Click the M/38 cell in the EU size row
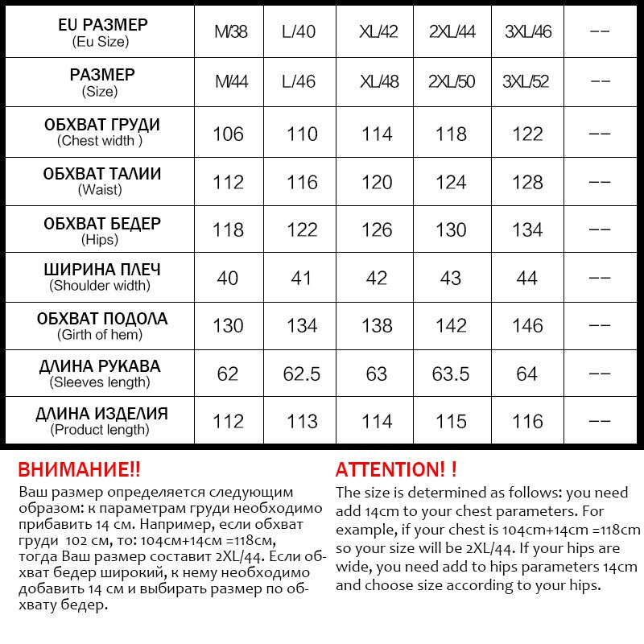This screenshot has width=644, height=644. (230, 32)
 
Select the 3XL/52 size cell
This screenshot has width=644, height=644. (526, 81)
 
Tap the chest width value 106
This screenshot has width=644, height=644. (228, 134)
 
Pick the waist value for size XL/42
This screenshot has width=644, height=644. (377, 183)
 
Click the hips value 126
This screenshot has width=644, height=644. (377, 230)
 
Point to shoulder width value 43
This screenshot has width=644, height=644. (451, 279)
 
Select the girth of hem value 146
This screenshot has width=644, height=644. (527, 326)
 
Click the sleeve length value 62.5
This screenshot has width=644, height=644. (302, 374)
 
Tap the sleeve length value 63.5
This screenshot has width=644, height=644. (451, 374)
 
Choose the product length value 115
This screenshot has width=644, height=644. (451, 422)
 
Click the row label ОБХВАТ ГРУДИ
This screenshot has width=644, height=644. (101, 125)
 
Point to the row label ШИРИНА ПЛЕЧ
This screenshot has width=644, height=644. (101, 270)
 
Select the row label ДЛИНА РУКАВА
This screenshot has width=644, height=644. (100, 366)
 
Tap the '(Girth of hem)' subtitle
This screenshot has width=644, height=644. (100, 335)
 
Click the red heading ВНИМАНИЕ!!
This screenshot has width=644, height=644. (79, 470)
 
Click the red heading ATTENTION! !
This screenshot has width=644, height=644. (396, 470)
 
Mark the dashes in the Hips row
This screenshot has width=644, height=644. (601, 230)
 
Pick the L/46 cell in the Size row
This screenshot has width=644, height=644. (299, 81)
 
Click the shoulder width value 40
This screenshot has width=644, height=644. (228, 279)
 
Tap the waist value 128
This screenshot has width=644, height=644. (527, 183)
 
